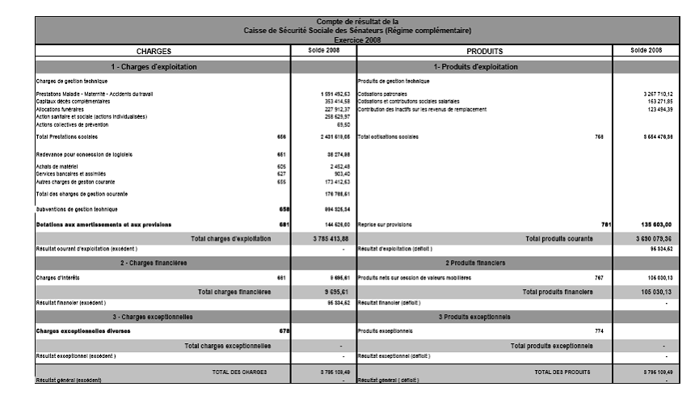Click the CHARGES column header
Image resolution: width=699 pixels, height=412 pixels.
pos(154,51)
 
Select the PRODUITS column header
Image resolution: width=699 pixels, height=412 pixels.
pos(485,51)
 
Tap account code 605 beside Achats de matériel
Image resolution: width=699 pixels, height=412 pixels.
pos(281,166)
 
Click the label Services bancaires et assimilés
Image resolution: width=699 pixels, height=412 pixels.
pos(71,174)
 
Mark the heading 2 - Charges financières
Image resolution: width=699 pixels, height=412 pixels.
pos(154,263)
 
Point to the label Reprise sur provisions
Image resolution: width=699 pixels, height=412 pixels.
pos(385,225)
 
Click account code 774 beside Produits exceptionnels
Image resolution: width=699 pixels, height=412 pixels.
pos(599,330)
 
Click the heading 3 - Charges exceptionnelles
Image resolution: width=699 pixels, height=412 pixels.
pos(154,316)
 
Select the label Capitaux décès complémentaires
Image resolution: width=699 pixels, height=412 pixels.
pos(73,102)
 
